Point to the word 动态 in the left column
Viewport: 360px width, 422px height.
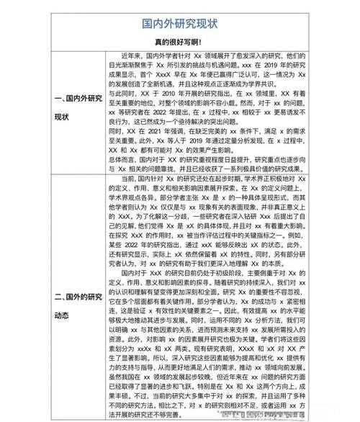click(62, 315)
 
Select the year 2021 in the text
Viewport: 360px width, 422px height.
click(153, 131)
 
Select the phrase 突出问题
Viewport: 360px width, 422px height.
click(232, 122)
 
